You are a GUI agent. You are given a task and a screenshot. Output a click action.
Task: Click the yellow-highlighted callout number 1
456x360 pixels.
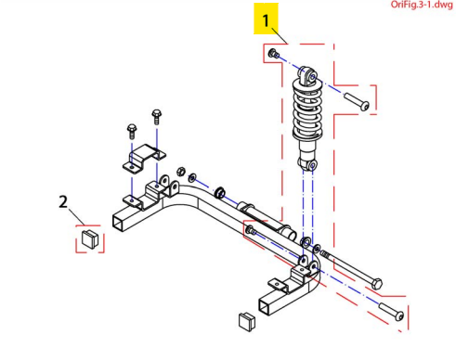pyautogui.click(x=266, y=20)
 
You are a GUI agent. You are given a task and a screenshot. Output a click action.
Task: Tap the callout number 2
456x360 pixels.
pyautogui.click(x=63, y=202)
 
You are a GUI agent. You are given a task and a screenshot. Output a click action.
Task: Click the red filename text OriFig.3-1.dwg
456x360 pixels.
pyautogui.click(x=422, y=5)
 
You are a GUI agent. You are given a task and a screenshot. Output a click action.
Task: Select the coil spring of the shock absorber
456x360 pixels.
pyautogui.click(x=307, y=109)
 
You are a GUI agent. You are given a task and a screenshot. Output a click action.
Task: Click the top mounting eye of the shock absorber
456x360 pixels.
pyautogui.click(x=307, y=75)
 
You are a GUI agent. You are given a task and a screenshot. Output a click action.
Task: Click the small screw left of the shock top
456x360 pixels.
pyautogui.click(x=274, y=54)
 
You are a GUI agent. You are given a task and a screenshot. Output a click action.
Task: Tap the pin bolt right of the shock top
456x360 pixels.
pyautogui.click(x=357, y=102)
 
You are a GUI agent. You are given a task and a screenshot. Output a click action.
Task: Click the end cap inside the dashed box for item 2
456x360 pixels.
pyautogui.click(x=90, y=238)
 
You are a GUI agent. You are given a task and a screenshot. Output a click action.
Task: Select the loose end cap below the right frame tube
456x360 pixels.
pyautogui.click(x=247, y=322)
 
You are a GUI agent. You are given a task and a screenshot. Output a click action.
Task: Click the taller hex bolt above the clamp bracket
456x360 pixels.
pyautogui.click(x=157, y=117)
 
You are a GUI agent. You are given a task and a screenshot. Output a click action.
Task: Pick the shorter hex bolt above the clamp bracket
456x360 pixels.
pyautogui.click(x=132, y=131)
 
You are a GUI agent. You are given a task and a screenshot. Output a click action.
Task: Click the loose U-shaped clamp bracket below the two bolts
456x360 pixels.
pyautogui.click(x=144, y=157)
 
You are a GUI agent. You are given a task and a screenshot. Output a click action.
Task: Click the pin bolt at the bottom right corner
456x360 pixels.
pyautogui.click(x=391, y=312)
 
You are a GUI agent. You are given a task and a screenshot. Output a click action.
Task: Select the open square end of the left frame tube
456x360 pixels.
pyautogui.click(x=119, y=224)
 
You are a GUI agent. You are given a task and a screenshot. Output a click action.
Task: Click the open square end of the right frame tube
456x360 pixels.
pyautogui.click(x=265, y=307)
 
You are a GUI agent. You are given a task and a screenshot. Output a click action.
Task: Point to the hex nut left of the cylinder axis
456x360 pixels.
pyautogui.click(x=181, y=171)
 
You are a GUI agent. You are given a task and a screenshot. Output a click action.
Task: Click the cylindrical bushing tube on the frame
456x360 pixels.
pyautogui.click(x=267, y=220)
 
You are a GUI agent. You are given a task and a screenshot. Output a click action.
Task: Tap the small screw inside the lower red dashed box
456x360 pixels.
pyautogui.click(x=251, y=230)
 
